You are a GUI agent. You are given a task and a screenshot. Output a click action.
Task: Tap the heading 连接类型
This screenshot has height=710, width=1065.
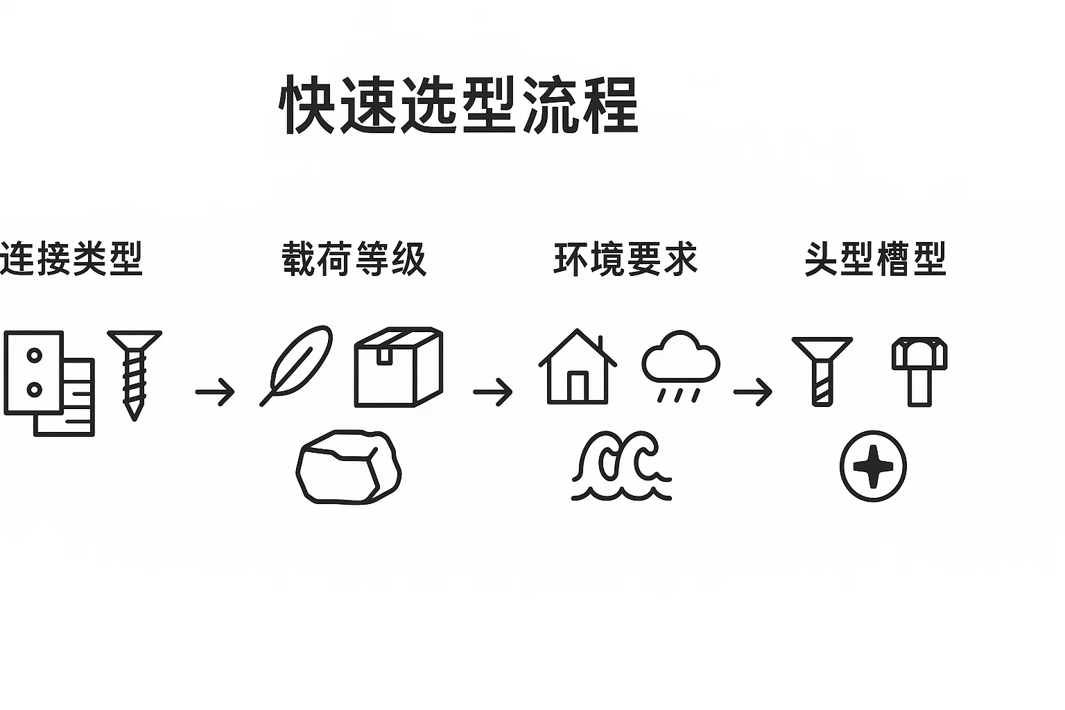click(x=71, y=259)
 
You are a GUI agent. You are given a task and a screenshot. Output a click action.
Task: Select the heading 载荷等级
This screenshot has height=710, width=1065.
click(x=354, y=259)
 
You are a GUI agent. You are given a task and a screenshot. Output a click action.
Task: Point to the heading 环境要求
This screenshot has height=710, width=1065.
click(x=625, y=259)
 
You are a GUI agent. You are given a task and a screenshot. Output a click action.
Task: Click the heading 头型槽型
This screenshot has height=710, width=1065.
click(x=875, y=259)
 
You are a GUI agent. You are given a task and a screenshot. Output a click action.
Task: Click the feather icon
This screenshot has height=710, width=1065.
click(x=297, y=365)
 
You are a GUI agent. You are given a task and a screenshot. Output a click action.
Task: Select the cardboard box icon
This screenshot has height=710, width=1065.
click(x=398, y=366)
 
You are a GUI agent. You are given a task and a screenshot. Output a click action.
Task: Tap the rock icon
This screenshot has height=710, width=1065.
click(x=348, y=466)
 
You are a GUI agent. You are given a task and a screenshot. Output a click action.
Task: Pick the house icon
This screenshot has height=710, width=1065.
click(x=577, y=367)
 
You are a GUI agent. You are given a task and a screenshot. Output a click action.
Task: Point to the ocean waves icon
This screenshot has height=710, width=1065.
click(x=621, y=466)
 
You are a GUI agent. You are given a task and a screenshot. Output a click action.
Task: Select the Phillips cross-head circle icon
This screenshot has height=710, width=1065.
click(x=873, y=466)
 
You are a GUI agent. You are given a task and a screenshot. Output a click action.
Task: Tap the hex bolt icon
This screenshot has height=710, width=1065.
click(x=919, y=370)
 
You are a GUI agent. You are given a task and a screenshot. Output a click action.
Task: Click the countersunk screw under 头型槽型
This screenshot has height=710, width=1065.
click(x=822, y=370)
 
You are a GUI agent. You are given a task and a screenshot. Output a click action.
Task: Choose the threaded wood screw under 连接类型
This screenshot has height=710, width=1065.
click(x=135, y=373)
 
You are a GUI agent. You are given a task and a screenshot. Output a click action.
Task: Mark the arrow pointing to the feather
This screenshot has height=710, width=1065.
click(x=215, y=392)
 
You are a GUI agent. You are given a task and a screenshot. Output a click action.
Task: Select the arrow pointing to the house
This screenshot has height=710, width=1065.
click(x=493, y=392)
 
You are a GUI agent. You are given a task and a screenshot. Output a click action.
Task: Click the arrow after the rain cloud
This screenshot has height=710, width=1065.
click(x=753, y=392)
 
